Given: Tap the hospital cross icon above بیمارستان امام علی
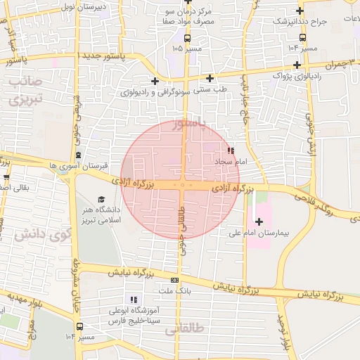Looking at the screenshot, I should [x=259, y=221].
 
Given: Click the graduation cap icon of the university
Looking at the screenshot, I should [x=101, y=200].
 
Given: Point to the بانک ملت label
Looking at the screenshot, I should [x=175, y=290].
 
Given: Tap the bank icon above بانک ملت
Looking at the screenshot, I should [x=174, y=280].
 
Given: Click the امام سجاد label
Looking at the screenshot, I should [x=229, y=162].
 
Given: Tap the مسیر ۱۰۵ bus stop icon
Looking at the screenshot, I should [x=187, y=39].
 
